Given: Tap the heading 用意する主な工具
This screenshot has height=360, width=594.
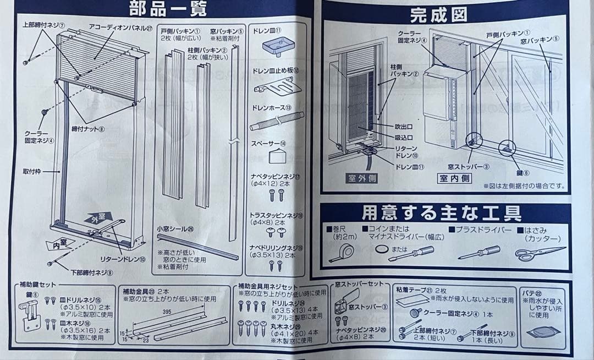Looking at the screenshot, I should click(442, 213).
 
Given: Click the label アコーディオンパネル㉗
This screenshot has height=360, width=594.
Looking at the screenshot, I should click(119, 26).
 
